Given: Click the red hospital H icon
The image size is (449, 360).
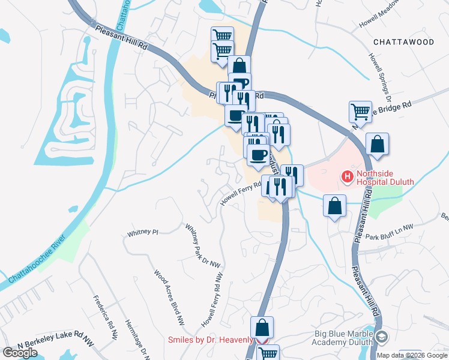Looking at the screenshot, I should tap(346, 176).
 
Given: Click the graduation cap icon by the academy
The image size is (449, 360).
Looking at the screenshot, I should tap(382, 337).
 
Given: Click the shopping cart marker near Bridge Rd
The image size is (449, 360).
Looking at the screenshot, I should tap(360, 111).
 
